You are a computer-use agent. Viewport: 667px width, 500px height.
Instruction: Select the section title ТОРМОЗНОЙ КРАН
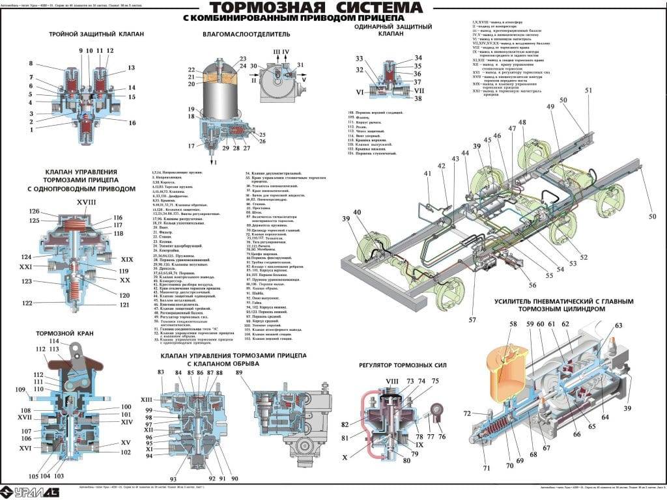point(64,333)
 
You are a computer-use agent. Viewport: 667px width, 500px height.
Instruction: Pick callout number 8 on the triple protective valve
point(31,63)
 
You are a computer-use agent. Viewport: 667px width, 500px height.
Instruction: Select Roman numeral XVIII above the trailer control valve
point(86,202)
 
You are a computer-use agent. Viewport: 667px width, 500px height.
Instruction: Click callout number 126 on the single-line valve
point(33,211)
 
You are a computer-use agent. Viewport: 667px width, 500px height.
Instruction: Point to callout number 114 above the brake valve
point(54,342)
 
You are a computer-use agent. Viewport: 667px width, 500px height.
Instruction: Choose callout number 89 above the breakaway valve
point(239,372)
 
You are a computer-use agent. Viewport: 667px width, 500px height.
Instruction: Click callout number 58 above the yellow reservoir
point(513,324)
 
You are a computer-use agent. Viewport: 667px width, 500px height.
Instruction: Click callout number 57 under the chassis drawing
point(473,320)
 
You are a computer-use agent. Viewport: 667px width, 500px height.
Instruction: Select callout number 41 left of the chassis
point(427,173)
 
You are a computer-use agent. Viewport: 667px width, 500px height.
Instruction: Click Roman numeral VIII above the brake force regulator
point(391,381)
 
